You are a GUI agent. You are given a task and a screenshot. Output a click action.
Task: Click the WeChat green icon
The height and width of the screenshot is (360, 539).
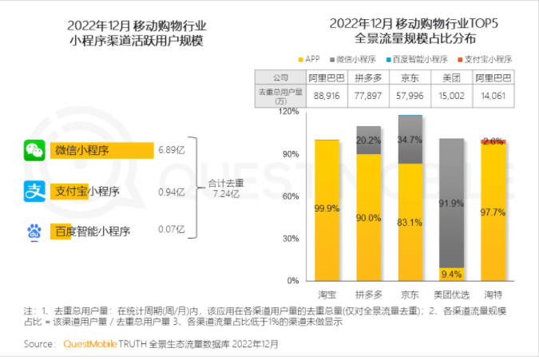click(34, 150)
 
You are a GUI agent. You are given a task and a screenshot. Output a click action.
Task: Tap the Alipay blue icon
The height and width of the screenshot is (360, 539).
click(34, 192)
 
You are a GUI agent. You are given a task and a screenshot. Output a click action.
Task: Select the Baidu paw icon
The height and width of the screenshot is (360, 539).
click(34, 232)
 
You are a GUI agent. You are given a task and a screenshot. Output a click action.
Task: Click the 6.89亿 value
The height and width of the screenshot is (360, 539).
click(172, 150)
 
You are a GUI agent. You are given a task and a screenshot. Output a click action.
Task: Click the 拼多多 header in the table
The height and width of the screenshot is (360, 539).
click(368, 77)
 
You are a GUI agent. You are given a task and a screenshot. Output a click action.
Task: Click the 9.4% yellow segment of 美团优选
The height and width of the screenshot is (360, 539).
click(452, 274)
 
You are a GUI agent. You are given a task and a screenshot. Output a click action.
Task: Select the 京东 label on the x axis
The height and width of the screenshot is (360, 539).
click(410, 294)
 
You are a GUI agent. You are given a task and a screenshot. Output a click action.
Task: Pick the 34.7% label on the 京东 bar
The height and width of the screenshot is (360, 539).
click(410, 140)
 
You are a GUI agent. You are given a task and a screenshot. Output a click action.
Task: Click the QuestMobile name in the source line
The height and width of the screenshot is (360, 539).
click(89, 345)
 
